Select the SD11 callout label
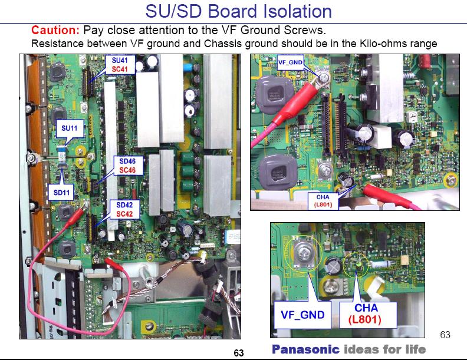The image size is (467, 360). click(x=59, y=191)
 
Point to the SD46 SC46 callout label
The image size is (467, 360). click(x=127, y=165)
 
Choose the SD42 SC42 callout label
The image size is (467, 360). click(x=124, y=210)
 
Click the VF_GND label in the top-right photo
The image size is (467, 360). click(x=290, y=62)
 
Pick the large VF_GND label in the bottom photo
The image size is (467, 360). click(x=302, y=315)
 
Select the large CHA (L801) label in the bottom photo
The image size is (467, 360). click(x=366, y=314)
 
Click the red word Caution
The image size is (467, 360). click(x=55, y=29)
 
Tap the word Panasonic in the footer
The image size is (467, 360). click(x=305, y=349)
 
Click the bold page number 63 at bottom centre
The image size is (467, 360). click(x=239, y=353)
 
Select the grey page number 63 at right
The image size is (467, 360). click(x=445, y=335)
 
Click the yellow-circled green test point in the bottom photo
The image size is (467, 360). click(x=356, y=265)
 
